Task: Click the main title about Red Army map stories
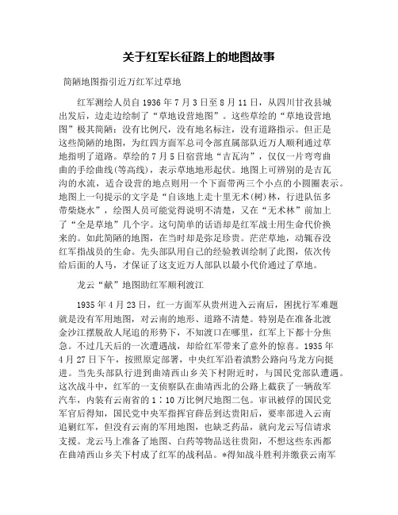click(x=199, y=57)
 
